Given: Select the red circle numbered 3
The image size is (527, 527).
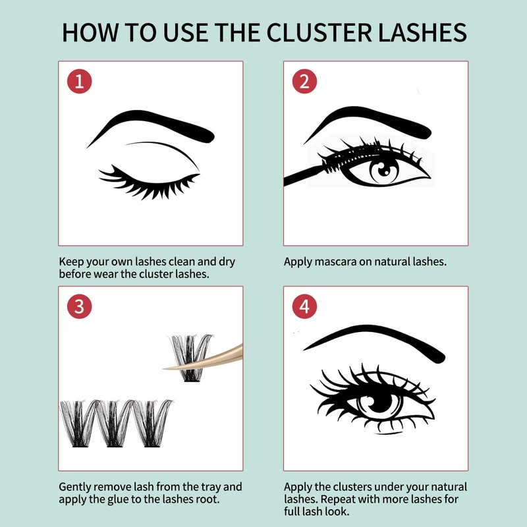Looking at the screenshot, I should (x=80, y=306).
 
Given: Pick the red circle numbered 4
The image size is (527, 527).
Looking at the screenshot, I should (x=304, y=306).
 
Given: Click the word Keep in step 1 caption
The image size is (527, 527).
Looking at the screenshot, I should (x=71, y=262).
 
